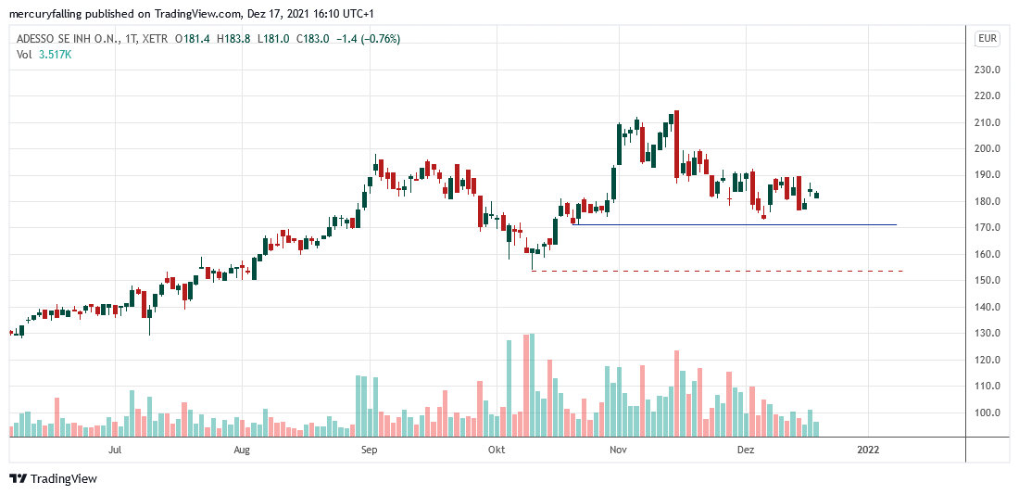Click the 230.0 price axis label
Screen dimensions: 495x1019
(987, 70)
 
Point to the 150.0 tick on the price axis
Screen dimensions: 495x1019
(987, 280)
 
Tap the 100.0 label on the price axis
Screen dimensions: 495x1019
(987, 412)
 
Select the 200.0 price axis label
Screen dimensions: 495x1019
(987, 148)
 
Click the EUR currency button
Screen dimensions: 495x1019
(987, 39)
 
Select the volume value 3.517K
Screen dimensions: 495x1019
(55, 55)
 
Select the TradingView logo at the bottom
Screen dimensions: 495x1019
(53, 478)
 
